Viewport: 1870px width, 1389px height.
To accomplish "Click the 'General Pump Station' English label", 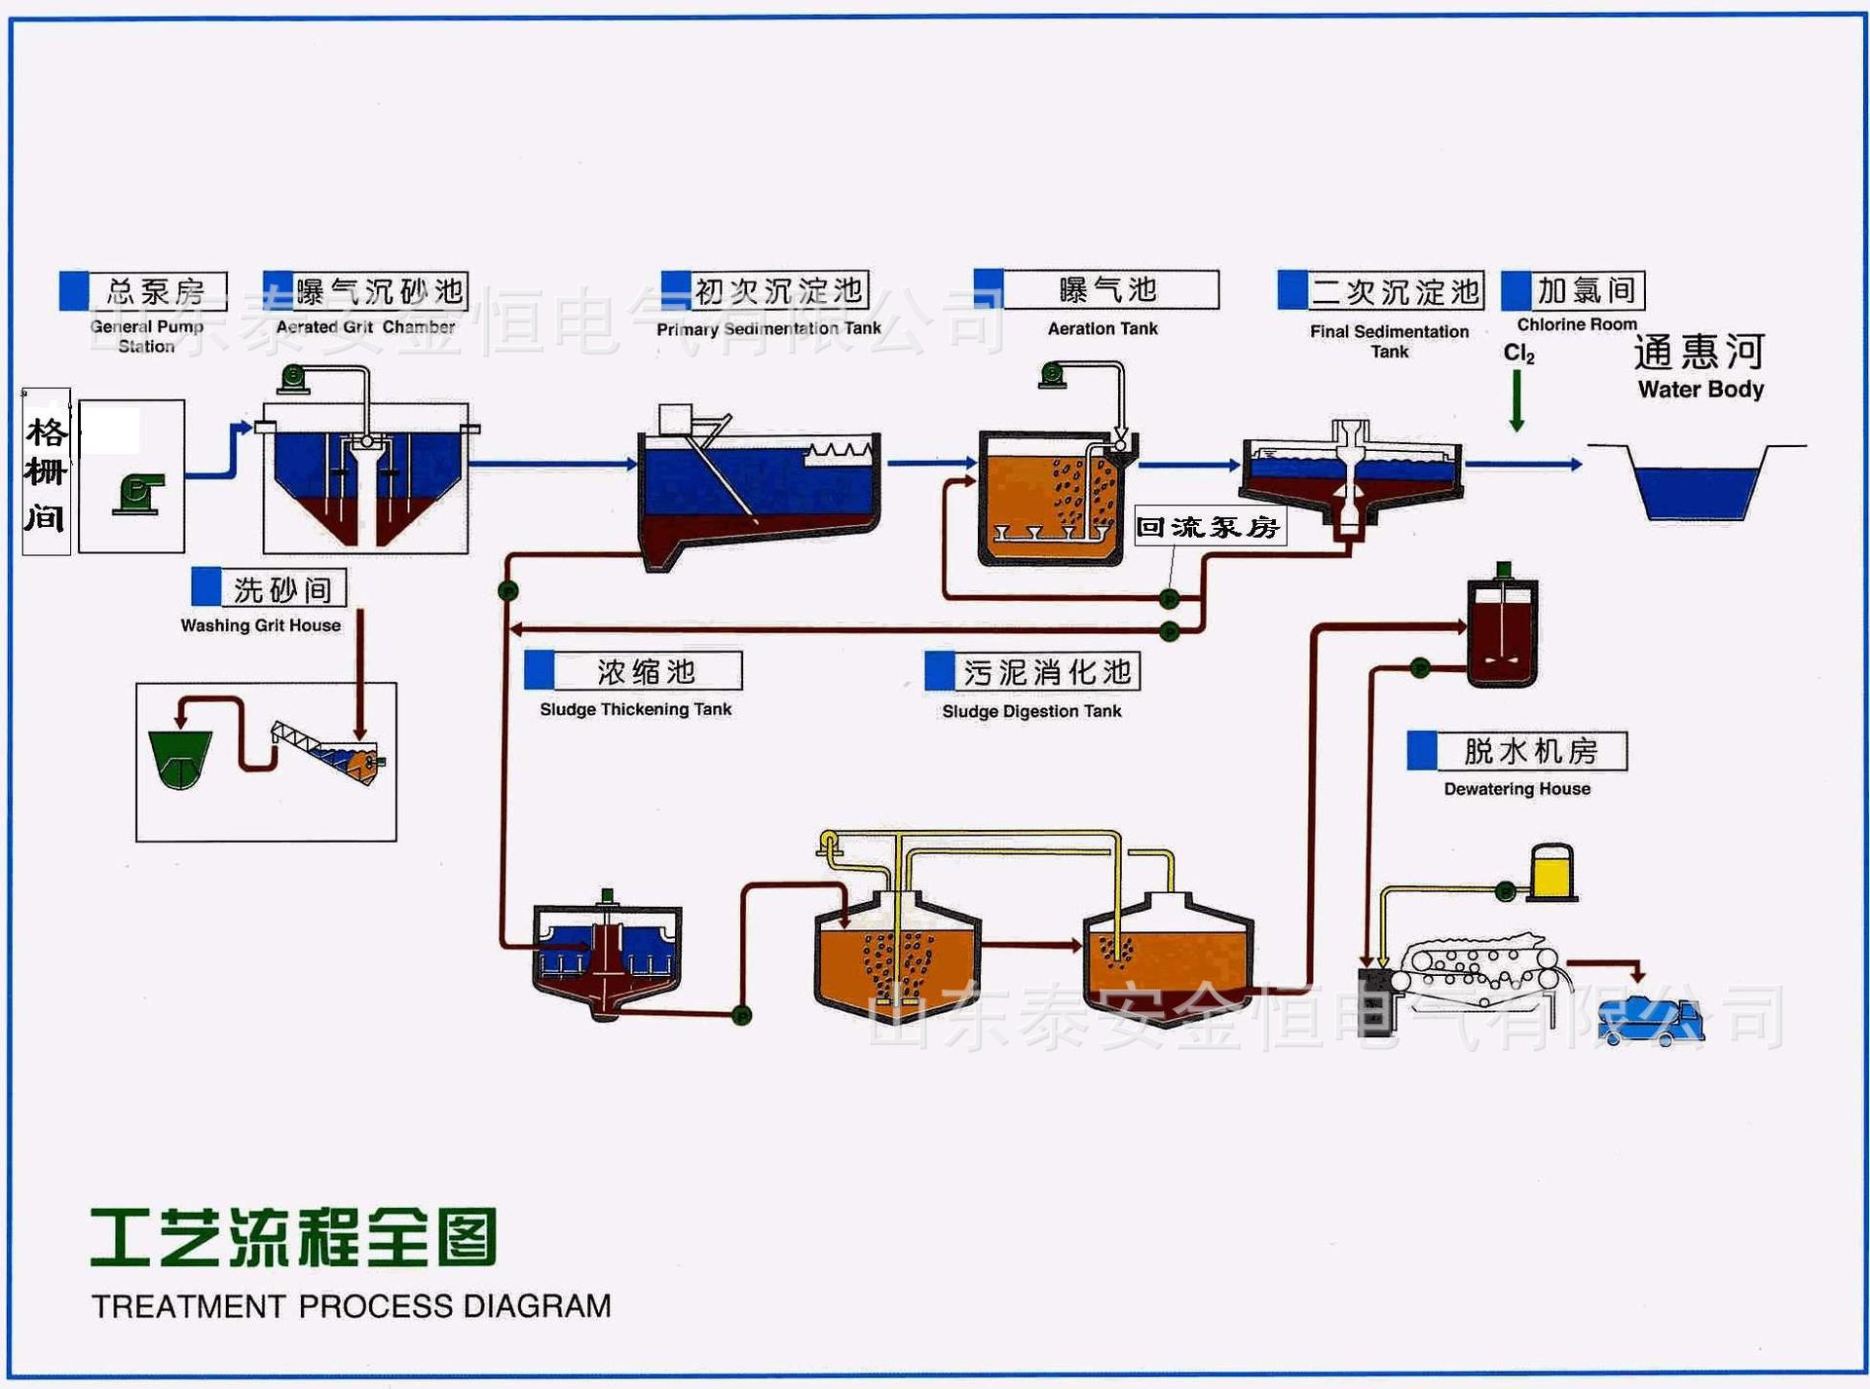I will click(147, 336).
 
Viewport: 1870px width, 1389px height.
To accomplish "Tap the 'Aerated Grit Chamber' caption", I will click(365, 327).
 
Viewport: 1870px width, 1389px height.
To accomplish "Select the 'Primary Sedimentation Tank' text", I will click(768, 329).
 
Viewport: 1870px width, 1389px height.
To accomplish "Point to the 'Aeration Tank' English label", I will click(1103, 329).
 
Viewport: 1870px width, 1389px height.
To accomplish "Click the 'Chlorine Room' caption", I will click(1576, 324).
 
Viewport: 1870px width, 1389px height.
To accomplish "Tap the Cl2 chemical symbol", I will click(1518, 353).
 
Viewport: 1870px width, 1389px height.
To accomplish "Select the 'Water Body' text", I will click(1701, 390).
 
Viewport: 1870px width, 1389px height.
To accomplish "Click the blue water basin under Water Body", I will click(1697, 492).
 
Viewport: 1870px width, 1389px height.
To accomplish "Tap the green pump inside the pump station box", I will click(138, 494).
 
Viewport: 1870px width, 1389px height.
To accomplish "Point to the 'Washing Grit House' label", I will click(260, 625).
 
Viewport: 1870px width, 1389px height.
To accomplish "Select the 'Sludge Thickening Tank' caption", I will click(635, 709).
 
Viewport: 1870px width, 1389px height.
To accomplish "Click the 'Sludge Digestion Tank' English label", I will click(1031, 711).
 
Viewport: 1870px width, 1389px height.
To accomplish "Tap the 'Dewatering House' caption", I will click(1516, 789).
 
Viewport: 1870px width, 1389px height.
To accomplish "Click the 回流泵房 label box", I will click(1209, 527).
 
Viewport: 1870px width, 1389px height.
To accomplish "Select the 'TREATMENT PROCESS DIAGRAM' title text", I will click(351, 1306).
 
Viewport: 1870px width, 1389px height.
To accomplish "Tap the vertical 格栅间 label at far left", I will click(46, 473).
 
